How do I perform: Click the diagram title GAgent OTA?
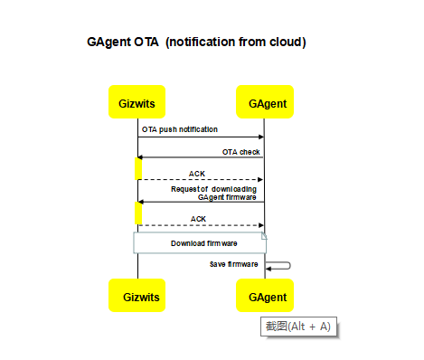(123, 42)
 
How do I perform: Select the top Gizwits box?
(137, 104)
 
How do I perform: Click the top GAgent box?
(267, 104)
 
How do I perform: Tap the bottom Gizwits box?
(137, 296)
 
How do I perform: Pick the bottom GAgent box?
(267, 296)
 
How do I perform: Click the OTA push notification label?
(179, 129)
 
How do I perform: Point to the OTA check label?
(240, 151)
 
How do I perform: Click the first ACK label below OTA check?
(197, 174)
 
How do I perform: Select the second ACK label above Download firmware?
(199, 218)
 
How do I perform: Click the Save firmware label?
(234, 264)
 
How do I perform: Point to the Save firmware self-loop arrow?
(280, 265)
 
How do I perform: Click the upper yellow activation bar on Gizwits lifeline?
(138, 168)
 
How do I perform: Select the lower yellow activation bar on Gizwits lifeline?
(138, 213)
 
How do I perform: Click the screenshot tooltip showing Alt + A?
(298, 327)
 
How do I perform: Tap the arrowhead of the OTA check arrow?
(140, 157)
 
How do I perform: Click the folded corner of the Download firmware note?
(263, 236)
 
